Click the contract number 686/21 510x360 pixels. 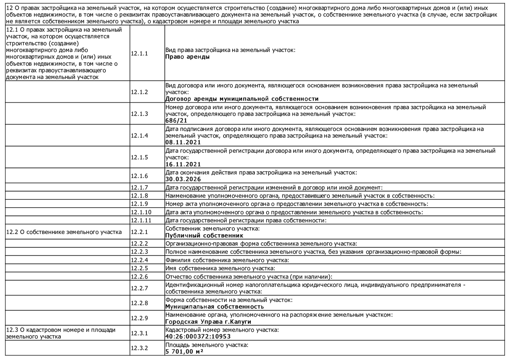(176, 121)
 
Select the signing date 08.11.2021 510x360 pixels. (183, 142)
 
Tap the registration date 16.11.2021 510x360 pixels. (183, 164)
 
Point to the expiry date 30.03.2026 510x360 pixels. (183, 179)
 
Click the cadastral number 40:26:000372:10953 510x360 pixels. (198, 336)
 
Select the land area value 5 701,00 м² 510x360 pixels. (184, 351)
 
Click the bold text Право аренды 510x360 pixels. (187, 57)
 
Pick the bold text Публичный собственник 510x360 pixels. (204, 235)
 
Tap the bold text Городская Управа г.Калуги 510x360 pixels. (208, 322)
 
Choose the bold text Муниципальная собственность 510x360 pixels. (214, 307)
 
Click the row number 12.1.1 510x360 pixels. (139, 53)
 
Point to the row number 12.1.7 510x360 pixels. (139, 187)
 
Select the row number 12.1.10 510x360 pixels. (141, 212)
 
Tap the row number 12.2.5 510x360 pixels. (139, 268)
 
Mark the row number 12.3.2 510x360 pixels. (139, 348)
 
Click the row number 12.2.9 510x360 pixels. (139, 318)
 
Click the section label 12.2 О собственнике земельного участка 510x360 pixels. (64, 232)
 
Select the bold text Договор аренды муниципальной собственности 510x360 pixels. (242, 99)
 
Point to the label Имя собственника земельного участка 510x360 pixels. (220, 268)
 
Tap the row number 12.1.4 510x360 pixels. (139, 136)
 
